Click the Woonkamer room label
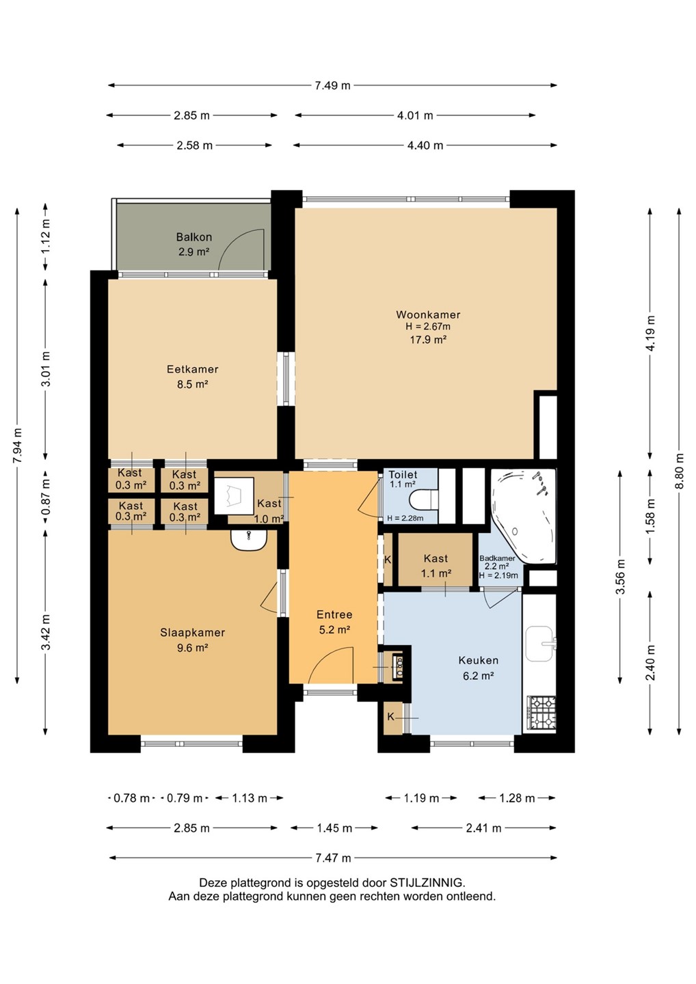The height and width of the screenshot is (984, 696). coord(428,314)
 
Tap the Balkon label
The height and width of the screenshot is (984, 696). coord(194,237)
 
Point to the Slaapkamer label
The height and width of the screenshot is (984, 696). coord(192,633)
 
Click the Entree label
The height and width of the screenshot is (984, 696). coord(335,614)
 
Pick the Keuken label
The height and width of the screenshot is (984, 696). coord(479,660)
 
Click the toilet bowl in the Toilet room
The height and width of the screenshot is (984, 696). coord(424,500)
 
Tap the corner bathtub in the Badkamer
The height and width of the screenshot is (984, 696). coord(523,516)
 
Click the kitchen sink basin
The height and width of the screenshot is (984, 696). coord(539,644)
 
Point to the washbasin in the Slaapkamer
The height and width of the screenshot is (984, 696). coord(249,540)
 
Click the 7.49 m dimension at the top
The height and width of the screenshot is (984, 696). coord(333,85)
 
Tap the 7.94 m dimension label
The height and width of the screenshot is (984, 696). coord(18,446)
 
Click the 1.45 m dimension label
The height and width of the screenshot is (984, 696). coord(335,828)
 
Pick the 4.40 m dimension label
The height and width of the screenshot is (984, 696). coord(425,146)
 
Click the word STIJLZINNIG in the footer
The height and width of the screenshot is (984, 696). coord(426,883)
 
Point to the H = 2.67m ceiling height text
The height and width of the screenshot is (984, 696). coord(428,327)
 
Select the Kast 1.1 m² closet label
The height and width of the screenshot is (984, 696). coord(436,566)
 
